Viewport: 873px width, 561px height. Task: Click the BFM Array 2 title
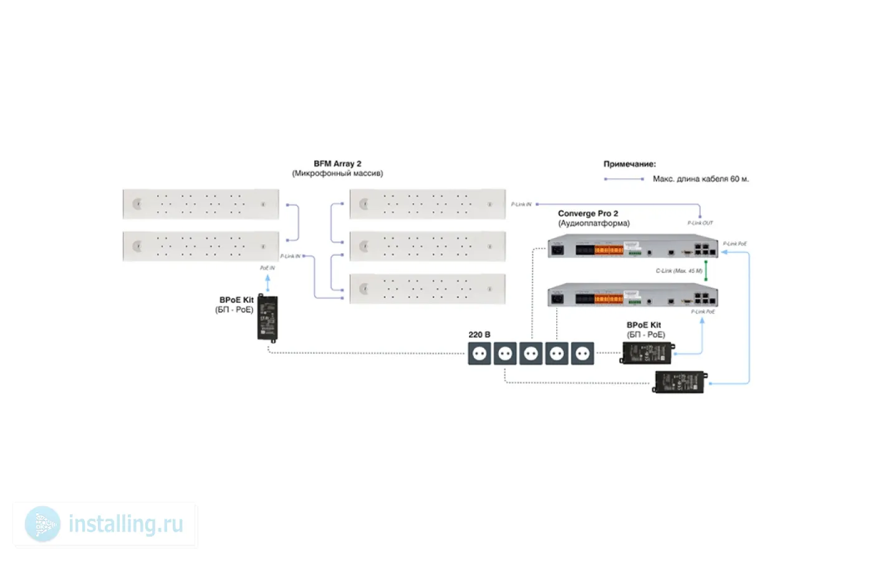pyautogui.click(x=337, y=163)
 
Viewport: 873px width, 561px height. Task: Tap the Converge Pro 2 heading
pyautogui.click(x=587, y=213)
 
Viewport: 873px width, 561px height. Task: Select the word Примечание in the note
pyautogui.click(x=629, y=164)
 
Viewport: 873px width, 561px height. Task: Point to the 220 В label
pyautogui.click(x=479, y=335)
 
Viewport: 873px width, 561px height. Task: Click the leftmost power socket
pyautogui.click(x=479, y=353)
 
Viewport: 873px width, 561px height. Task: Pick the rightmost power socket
pyautogui.click(x=582, y=353)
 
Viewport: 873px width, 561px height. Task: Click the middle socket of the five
pyautogui.click(x=531, y=353)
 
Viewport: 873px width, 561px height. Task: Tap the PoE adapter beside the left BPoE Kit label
pyautogui.click(x=268, y=317)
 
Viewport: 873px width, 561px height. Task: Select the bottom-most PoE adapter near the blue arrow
pyautogui.click(x=680, y=382)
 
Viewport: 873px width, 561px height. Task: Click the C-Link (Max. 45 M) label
pyautogui.click(x=678, y=271)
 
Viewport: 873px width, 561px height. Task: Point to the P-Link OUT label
pyautogui.click(x=700, y=223)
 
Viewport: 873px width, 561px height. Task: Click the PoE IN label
pyautogui.click(x=267, y=268)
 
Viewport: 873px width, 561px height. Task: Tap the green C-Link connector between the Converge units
pyautogui.click(x=706, y=271)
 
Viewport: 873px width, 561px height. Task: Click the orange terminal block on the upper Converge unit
pyautogui.click(x=608, y=250)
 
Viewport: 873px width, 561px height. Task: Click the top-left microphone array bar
pyautogui.click(x=201, y=204)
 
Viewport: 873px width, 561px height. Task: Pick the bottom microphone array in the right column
pyautogui.click(x=427, y=289)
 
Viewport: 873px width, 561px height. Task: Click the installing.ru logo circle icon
pyautogui.click(x=42, y=524)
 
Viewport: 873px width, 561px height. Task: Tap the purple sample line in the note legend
pyautogui.click(x=624, y=179)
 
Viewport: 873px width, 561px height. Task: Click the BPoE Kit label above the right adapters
pyautogui.click(x=644, y=325)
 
